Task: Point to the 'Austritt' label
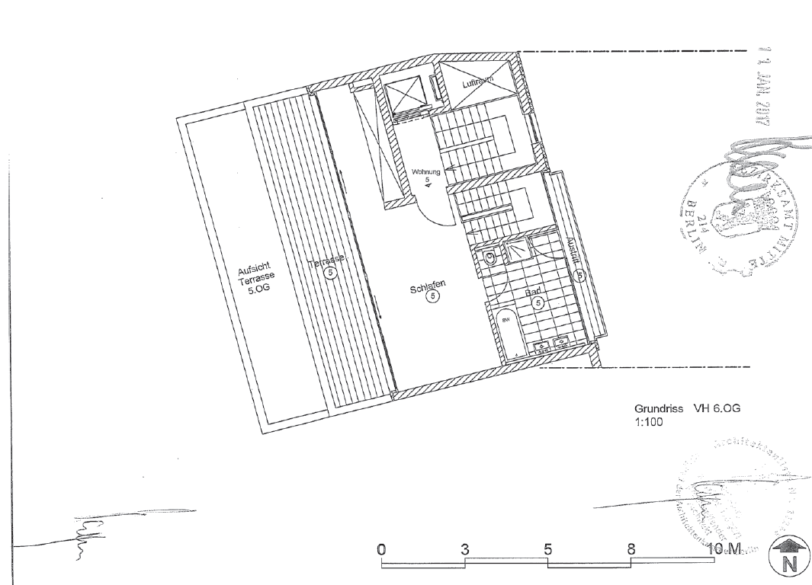[573, 254]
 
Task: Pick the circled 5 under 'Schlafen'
[432, 297]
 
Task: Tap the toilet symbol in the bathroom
[489, 257]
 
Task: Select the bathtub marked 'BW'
[506, 333]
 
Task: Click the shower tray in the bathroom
[518, 248]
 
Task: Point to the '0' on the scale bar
[382, 549]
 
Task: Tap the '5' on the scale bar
[547, 549]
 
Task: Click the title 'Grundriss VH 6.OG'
[687, 408]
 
